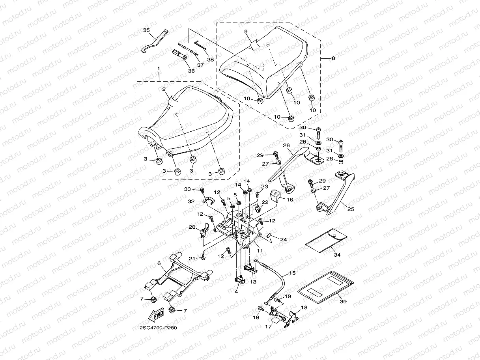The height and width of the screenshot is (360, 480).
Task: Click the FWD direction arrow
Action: [156, 315]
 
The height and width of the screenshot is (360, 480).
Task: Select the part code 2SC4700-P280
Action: [158, 328]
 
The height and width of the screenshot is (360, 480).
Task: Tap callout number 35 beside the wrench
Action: [146, 30]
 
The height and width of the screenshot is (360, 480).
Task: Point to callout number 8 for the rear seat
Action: [333, 58]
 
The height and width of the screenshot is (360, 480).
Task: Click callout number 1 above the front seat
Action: [159, 69]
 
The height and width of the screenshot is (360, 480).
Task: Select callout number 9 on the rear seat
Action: [246, 32]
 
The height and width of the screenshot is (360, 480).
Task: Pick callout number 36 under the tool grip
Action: [191, 71]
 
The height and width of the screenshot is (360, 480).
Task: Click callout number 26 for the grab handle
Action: [286, 145]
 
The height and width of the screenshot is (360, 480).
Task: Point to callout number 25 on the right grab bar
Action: [351, 209]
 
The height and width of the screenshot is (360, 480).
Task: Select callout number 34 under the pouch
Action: [337, 255]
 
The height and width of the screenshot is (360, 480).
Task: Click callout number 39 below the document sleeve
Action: [343, 301]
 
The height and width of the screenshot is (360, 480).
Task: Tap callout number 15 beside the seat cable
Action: [292, 273]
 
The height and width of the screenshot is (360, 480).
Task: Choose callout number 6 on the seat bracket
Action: [159, 263]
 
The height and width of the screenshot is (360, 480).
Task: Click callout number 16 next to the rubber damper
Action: [290, 200]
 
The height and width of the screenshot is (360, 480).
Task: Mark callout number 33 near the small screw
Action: [187, 189]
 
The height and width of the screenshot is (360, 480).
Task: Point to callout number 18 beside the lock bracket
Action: [304, 308]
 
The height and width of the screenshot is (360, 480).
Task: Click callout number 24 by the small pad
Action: [284, 240]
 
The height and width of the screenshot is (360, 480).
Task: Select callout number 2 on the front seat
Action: [164, 90]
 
